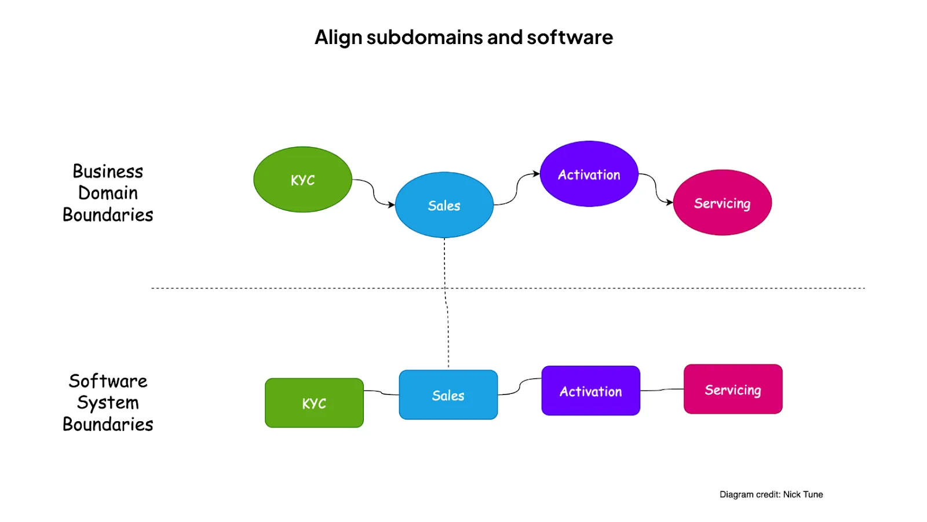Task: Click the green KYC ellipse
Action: [x=302, y=179]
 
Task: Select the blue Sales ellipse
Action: [x=444, y=205]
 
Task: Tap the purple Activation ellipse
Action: [x=589, y=174]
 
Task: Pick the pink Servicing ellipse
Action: [x=722, y=202]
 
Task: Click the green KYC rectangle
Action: [x=314, y=403]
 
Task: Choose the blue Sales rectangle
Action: [x=448, y=395]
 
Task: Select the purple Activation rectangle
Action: [x=590, y=390]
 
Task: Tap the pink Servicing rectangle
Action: [x=733, y=389]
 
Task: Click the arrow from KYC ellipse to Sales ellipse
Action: [x=373, y=192]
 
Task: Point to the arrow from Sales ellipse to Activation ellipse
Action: [x=516, y=189]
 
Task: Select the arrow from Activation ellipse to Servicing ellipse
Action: [x=656, y=188]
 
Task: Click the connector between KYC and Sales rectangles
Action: [x=381, y=392]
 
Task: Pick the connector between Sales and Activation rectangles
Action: [x=519, y=386]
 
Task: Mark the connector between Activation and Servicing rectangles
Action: [x=662, y=390]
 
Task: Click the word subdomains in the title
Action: [x=425, y=37]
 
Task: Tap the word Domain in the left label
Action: [x=108, y=193]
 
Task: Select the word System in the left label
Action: [x=108, y=403]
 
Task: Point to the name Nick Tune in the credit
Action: [x=803, y=494]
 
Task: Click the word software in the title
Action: [x=570, y=37]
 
